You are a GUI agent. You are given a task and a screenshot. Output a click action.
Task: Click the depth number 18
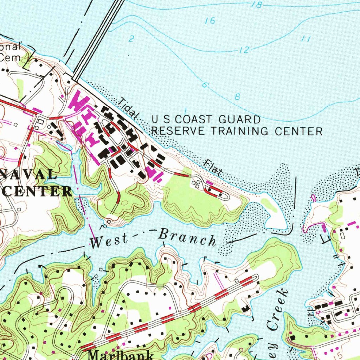click(257, 5)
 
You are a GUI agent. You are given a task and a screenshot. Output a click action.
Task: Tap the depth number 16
click(210, 21)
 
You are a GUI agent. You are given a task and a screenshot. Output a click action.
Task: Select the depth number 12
click(244, 50)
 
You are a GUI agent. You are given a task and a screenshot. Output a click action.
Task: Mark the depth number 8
click(237, 97)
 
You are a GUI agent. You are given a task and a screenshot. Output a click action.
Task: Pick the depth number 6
click(205, 85)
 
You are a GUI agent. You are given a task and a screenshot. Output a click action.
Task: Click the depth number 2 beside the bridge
click(131, 39)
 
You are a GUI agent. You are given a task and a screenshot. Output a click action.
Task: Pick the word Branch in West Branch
click(187, 238)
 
